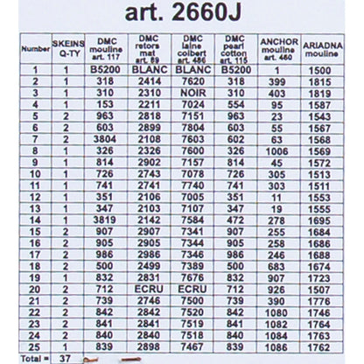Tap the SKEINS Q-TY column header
coord(66,46)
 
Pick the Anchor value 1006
coord(279,150)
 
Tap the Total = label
coord(29,358)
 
